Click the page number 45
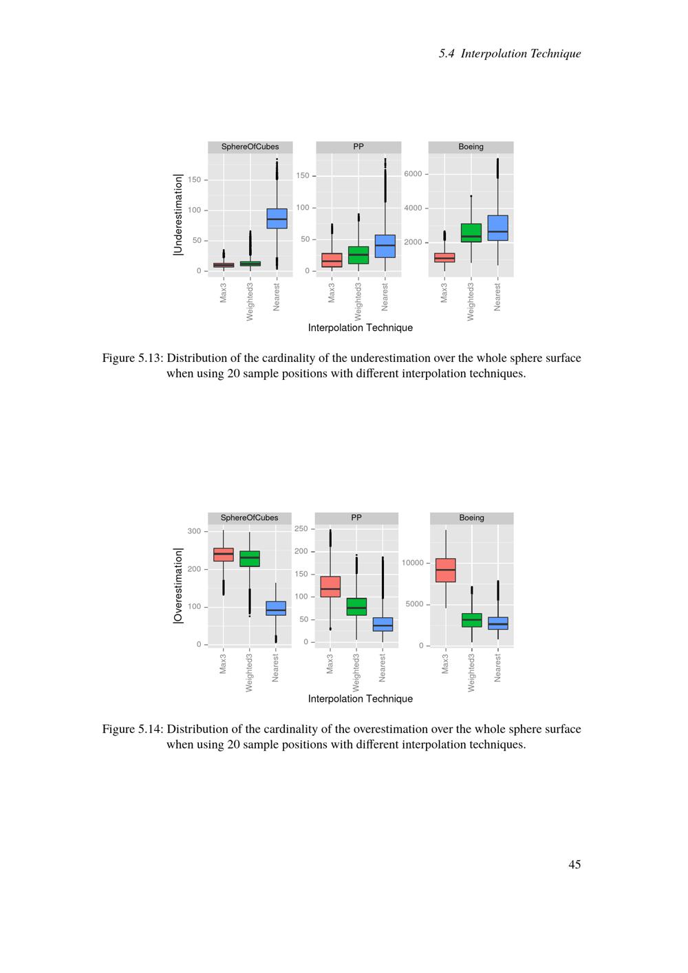574,864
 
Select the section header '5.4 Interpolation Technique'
510,54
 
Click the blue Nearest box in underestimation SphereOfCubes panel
277,218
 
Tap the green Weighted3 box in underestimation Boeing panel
471,233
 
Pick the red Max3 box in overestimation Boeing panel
446,570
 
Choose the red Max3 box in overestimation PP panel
330,586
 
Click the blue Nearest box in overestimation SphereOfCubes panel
276,608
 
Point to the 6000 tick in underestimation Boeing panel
413,174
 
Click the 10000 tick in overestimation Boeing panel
413,563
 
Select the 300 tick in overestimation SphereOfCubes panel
194,531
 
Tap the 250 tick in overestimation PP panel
301,528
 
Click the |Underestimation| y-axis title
178,215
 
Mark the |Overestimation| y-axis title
178,586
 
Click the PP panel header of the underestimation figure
358,147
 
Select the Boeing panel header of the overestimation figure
471,517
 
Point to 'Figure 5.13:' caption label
133,358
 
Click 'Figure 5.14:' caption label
133,729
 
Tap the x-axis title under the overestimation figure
360,698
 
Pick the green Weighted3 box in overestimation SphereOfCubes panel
250,559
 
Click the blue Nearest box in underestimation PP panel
385,246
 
